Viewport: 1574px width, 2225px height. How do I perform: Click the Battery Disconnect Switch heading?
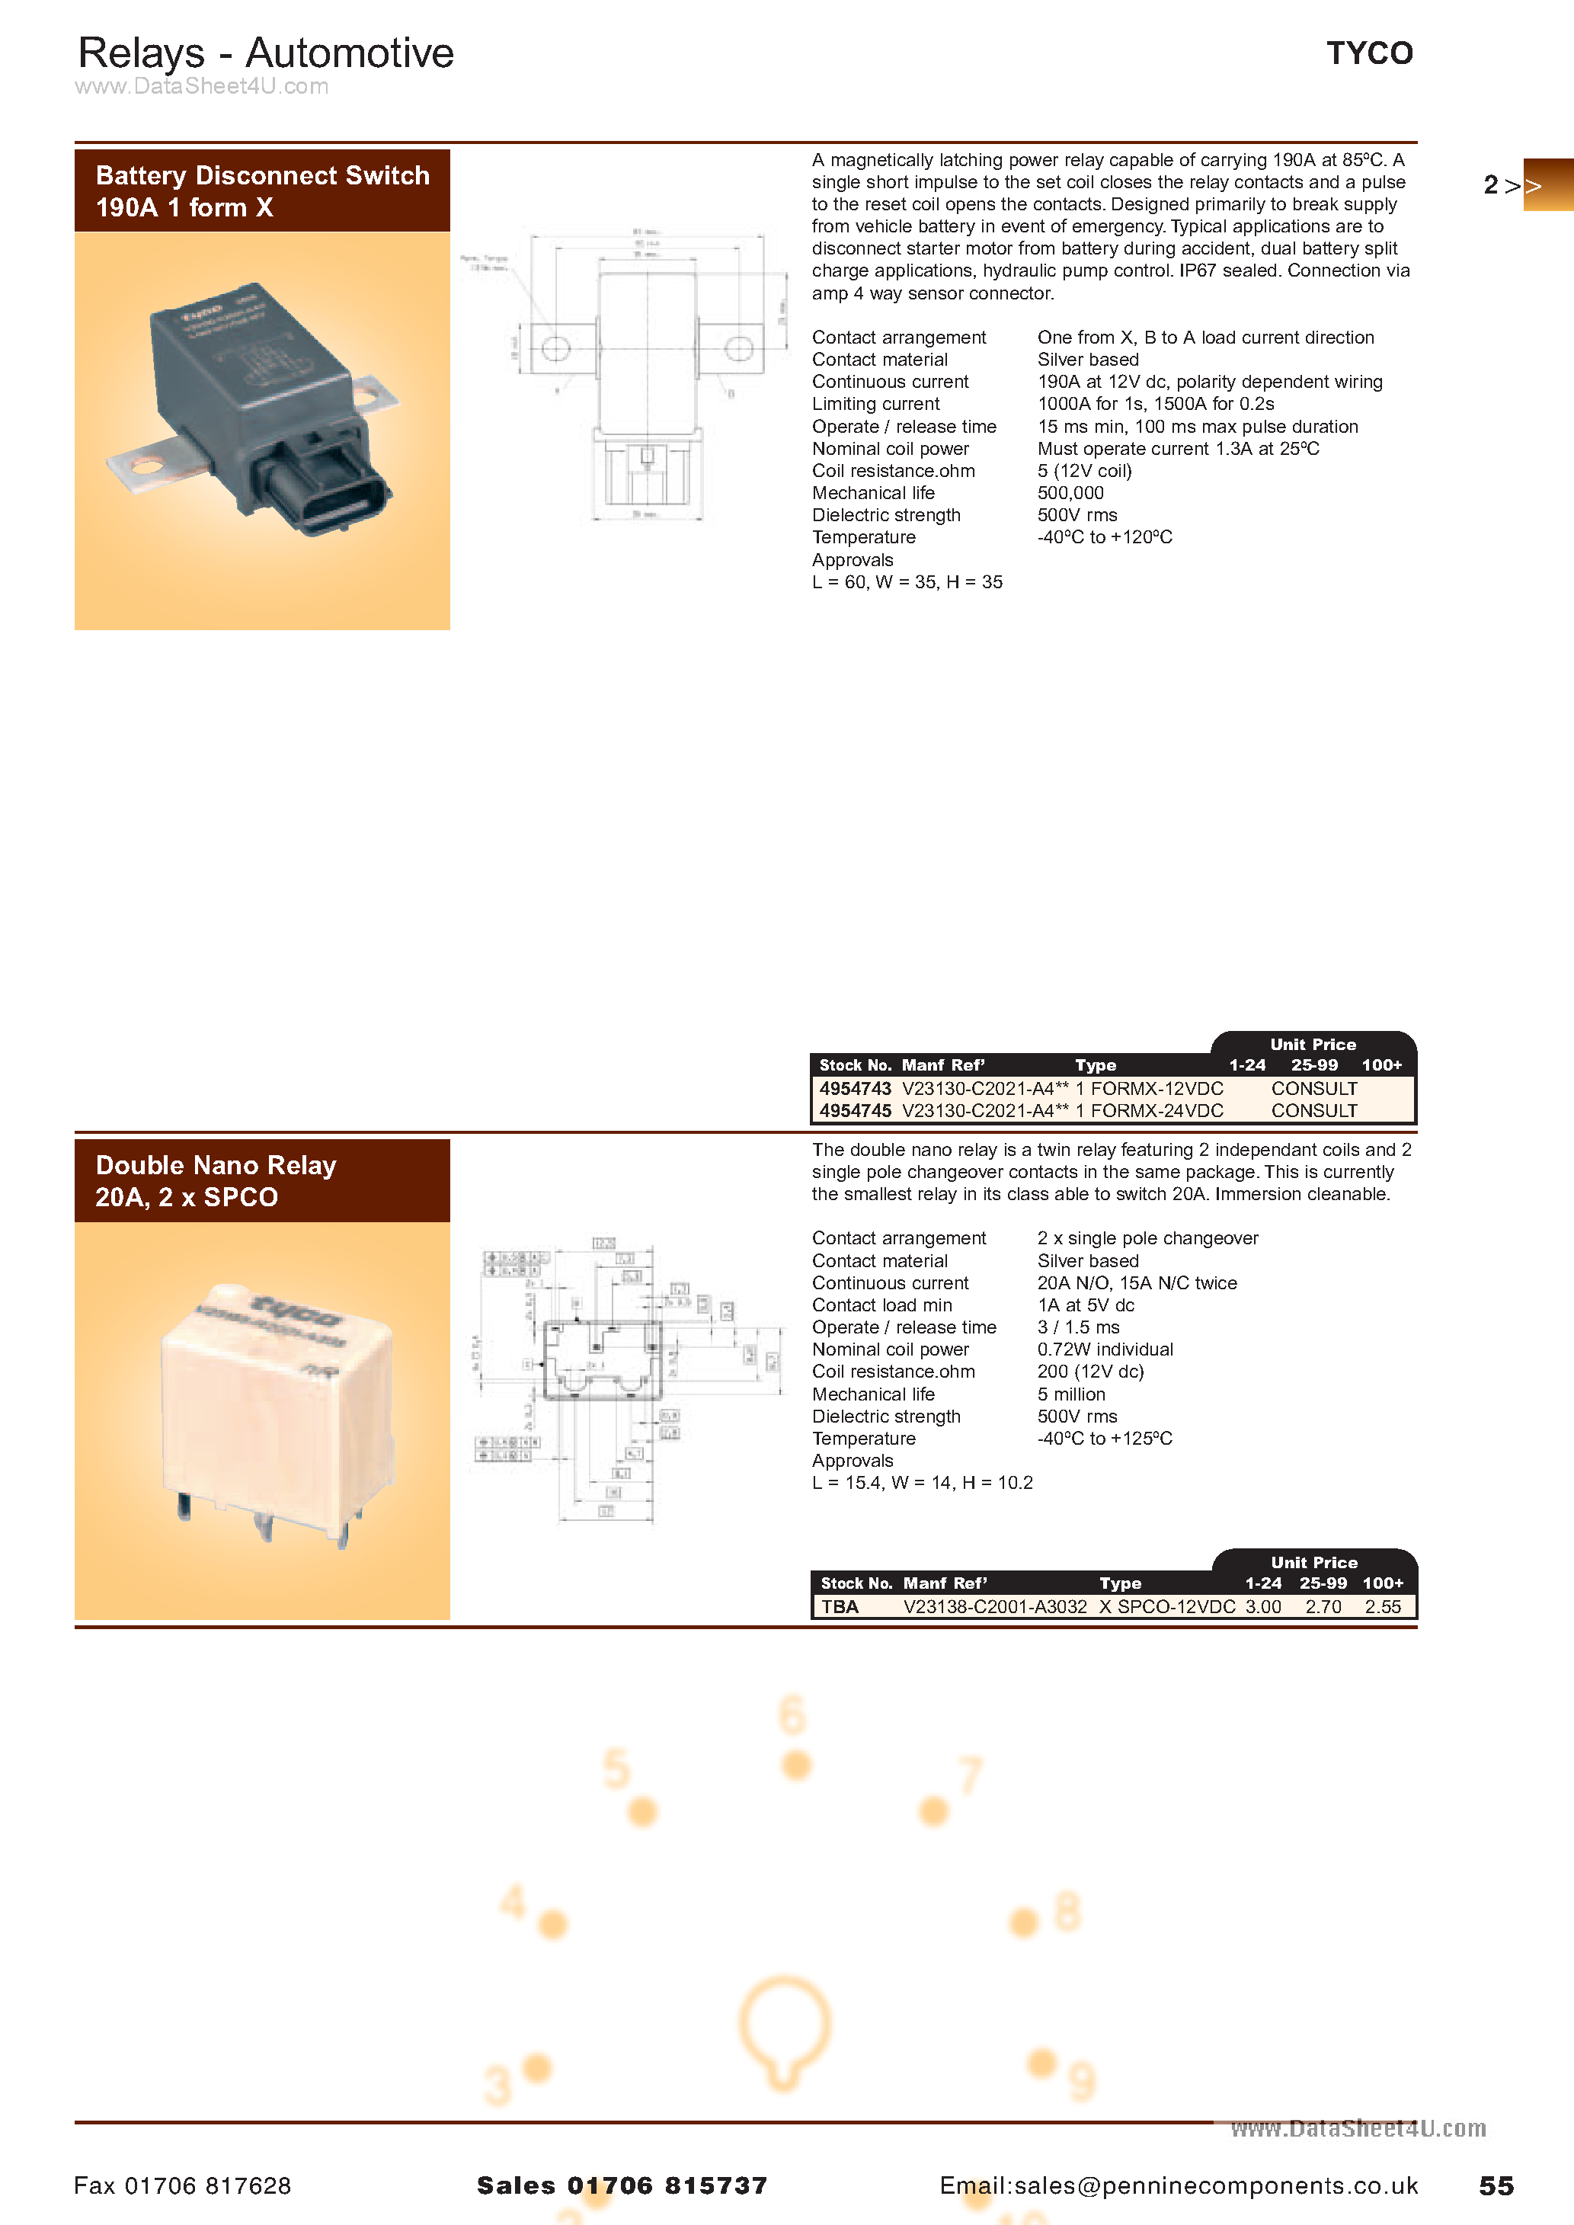pos(261,191)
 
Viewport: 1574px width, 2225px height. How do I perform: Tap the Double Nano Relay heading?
pos(215,1180)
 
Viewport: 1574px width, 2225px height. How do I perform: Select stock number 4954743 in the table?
pos(854,1088)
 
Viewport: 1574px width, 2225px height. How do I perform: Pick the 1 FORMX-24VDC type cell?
pos(1149,1110)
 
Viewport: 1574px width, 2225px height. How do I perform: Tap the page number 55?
pos(1496,2186)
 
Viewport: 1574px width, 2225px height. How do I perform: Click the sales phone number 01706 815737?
pos(667,2186)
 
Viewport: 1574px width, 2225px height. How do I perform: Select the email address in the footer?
pos(1178,2186)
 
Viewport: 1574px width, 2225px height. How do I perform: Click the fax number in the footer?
pos(182,2186)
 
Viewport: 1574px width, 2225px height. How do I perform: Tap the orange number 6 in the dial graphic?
pos(792,1715)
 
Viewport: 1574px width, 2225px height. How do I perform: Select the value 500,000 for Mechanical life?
pos(1070,493)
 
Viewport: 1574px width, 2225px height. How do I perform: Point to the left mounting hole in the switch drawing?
pos(555,348)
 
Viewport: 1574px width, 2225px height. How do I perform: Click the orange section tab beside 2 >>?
pos(1548,185)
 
